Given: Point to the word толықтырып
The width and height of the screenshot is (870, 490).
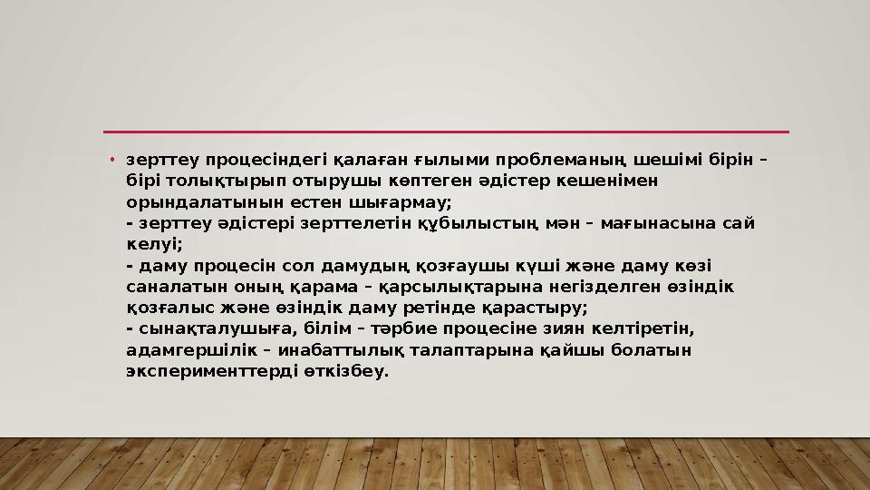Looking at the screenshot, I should click(202, 181).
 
